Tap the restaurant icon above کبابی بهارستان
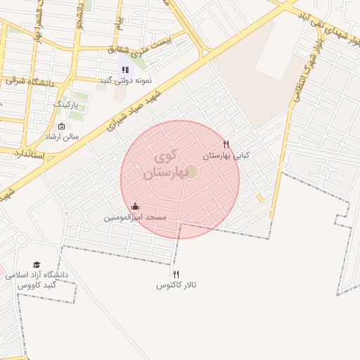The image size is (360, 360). (x=226, y=144)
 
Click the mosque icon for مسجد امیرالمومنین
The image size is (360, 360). (x=135, y=207)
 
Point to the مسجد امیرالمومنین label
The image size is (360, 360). (x=135, y=218)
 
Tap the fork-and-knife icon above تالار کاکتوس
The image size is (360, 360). (x=176, y=274)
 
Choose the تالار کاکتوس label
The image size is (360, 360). (x=176, y=285)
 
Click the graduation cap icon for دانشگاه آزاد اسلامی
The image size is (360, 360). (x=37, y=264)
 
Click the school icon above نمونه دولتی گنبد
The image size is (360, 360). (x=125, y=70)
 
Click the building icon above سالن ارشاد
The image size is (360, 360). (x=62, y=127)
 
